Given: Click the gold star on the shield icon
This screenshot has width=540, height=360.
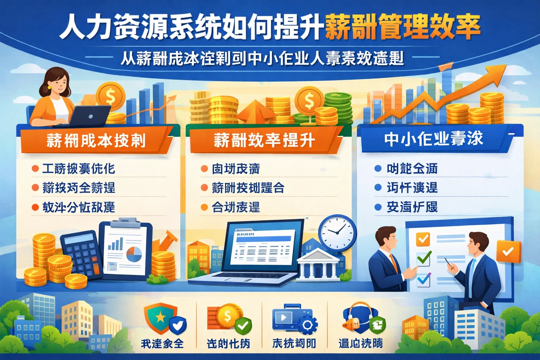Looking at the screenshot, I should pyautogui.click(x=160, y=317).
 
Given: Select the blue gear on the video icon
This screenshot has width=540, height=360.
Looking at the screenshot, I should pyautogui.click(x=307, y=325).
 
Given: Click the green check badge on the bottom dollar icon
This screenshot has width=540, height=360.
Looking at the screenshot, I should pyautogui.click(x=243, y=326).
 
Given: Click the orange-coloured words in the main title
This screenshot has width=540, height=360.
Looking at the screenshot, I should pyautogui.click(x=402, y=27).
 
